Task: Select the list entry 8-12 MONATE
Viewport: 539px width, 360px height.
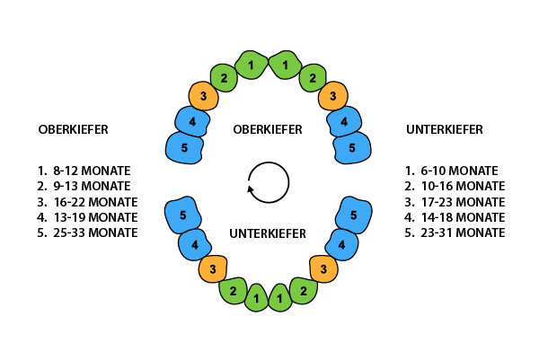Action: (x=87, y=170)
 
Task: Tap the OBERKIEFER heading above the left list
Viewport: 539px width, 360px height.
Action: (x=74, y=129)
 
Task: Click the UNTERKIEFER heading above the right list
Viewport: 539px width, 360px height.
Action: (x=444, y=129)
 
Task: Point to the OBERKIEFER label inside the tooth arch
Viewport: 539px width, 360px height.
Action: (x=267, y=129)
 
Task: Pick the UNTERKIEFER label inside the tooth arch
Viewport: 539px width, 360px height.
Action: (x=268, y=233)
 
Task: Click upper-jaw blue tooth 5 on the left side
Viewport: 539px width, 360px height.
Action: (x=185, y=146)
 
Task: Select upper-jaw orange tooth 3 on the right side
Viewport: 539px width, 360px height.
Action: (x=332, y=95)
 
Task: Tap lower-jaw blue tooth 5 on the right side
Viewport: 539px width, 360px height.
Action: (x=353, y=215)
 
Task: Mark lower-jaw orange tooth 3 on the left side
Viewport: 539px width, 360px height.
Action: (x=212, y=268)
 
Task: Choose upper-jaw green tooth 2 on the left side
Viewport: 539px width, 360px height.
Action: (x=224, y=77)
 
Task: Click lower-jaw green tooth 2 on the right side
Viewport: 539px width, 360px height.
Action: (x=305, y=289)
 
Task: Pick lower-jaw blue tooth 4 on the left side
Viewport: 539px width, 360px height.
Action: (x=194, y=244)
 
